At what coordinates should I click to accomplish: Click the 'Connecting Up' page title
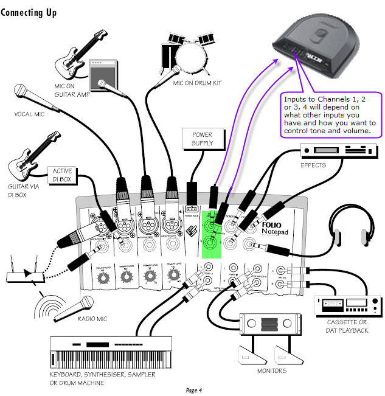pyautogui.click(x=29, y=13)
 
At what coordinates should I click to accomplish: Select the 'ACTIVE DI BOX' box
pyautogui.click(x=63, y=175)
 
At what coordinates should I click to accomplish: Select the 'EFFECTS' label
pyautogui.click(x=314, y=165)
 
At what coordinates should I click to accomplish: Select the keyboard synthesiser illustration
pyautogui.click(x=101, y=352)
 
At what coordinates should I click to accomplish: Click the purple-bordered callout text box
pyautogui.click(x=331, y=114)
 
